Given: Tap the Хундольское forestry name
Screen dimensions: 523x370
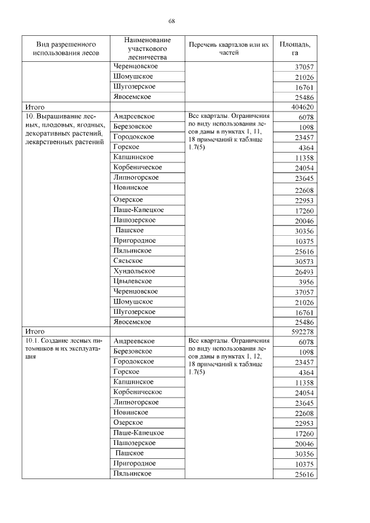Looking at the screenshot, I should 134,271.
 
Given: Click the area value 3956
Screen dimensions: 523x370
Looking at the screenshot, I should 304,281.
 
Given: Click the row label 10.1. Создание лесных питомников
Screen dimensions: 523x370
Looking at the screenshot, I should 63,346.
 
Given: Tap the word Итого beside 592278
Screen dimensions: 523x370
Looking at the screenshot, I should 34,332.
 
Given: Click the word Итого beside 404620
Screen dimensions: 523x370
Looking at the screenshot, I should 34,107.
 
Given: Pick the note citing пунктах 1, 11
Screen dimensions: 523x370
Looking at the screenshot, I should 228,132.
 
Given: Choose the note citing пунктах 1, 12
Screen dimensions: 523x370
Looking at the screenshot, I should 228,356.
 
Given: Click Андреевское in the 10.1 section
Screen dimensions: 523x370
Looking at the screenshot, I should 134,342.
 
